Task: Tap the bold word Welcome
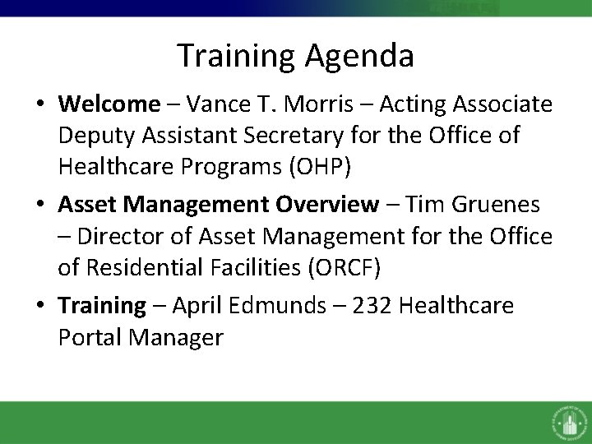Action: [109, 104]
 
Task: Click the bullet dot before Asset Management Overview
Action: [40, 204]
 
